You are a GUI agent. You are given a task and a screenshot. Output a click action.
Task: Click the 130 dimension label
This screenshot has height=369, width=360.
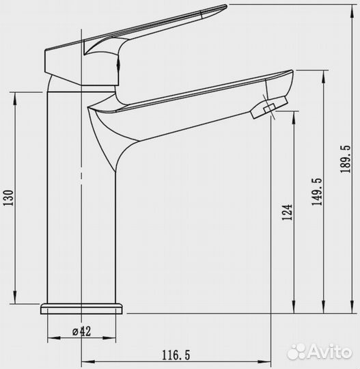pos(8,198)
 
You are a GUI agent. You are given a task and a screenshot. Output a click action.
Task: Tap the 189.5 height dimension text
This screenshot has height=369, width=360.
pos(346,159)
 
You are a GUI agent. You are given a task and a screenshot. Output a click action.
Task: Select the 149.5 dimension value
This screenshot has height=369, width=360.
pos(317,192)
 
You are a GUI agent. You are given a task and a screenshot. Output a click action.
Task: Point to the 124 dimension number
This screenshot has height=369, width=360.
pos(287,213)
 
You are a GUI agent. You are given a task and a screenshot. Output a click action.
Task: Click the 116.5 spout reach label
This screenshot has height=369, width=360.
pos(176,355)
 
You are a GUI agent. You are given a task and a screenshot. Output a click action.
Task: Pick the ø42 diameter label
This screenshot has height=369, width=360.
pos(81,331)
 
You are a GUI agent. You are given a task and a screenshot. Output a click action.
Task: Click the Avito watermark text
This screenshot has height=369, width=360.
pos(329,353)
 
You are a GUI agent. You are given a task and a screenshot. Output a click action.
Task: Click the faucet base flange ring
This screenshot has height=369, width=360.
pos(82,309)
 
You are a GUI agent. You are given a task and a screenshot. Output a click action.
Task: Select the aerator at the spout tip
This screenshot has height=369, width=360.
pos(269,107)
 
